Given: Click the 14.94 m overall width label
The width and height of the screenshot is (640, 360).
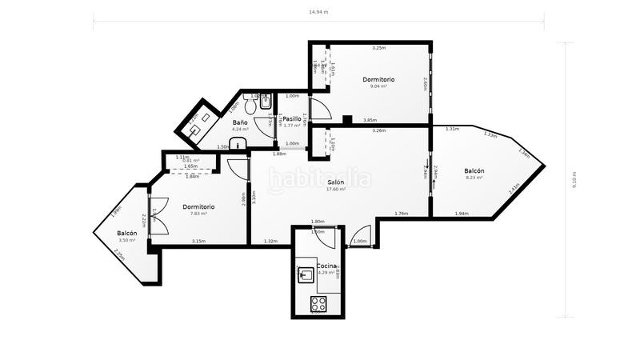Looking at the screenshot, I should tap(319, 12).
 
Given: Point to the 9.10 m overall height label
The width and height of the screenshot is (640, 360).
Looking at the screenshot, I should tap(574, 181).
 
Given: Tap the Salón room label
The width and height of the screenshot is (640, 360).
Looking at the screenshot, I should tap(335, 182).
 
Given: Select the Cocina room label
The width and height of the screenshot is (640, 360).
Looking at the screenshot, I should tap(326, 265).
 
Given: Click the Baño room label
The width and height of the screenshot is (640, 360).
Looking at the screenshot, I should tap(240, 122).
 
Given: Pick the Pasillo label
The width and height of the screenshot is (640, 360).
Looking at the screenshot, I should tap(291, 119).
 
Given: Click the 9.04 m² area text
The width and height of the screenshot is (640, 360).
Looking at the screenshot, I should tap(378, 86).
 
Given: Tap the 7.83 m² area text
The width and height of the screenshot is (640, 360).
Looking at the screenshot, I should tap(198, 214).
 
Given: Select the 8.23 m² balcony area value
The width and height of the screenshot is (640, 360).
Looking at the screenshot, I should tap(473, 178).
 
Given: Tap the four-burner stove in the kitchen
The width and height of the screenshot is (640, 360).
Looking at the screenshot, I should tap(318, 303).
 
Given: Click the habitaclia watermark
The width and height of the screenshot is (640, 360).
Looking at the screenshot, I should tap(319, 178).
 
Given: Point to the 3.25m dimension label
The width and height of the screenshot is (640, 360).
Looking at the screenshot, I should tap(378, 48).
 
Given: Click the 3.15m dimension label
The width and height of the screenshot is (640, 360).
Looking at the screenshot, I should tap(198, 241).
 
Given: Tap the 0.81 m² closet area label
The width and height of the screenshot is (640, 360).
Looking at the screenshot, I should tap(190, 161).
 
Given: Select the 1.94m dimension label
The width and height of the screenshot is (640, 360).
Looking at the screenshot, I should tap(461, 214).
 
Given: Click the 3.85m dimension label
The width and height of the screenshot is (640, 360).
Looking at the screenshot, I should tap(370, 120).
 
